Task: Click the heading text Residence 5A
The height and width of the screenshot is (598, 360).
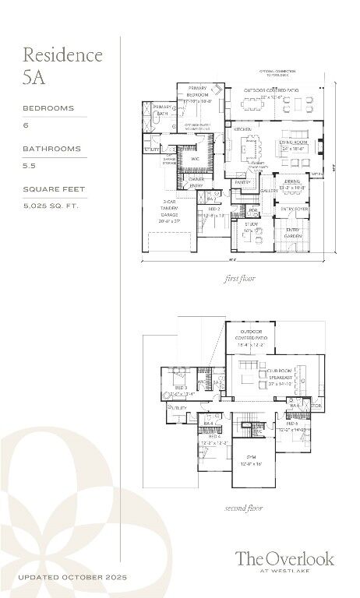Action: pos(62,65)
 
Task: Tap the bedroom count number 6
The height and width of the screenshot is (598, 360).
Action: pos(26,125)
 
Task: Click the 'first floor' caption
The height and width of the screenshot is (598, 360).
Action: pos(240,277)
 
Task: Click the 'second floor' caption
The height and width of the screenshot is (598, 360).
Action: pos(243,508)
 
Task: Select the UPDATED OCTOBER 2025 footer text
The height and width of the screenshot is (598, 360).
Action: pos(72,577)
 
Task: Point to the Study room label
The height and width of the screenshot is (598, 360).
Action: pos(251,227)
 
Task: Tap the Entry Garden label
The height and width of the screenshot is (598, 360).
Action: pos(292,233)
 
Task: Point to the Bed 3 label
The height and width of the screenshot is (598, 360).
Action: pos(180,388)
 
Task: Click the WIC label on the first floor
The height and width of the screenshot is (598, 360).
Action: pos(194,159)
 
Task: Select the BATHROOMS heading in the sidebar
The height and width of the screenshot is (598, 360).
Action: pos(51,149)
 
